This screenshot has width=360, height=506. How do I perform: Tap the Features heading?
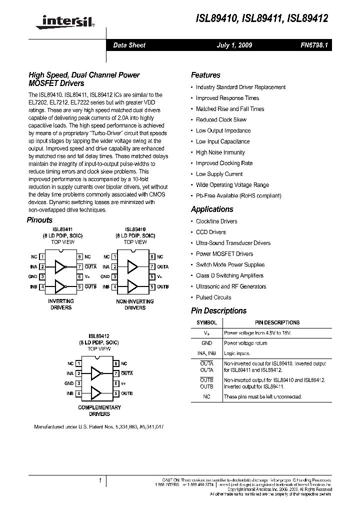coord(205,75)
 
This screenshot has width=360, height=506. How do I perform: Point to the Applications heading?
coord(212,209)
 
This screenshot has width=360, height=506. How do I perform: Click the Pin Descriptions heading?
coord(218,310)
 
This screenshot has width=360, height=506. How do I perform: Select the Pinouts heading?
coord(39,220)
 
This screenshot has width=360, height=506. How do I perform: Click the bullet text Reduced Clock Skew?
coord(221,119)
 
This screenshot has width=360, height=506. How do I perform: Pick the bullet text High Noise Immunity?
coord(220,152)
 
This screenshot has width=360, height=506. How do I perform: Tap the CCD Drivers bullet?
coord(210,232)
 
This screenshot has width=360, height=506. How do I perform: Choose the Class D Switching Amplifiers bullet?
coord(230,275)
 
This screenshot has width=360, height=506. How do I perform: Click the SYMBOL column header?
coord(206,322)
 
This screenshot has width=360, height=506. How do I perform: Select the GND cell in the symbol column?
coord(206,343)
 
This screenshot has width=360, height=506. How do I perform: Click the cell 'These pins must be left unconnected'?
coord(262,396)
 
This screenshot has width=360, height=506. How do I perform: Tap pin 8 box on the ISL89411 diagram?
coord(79,256)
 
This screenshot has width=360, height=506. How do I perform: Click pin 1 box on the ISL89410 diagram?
coord(114,256)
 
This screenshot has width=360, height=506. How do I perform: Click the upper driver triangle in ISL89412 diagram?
coord(96,373)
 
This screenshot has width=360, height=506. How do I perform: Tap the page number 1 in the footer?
coord(100,480)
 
